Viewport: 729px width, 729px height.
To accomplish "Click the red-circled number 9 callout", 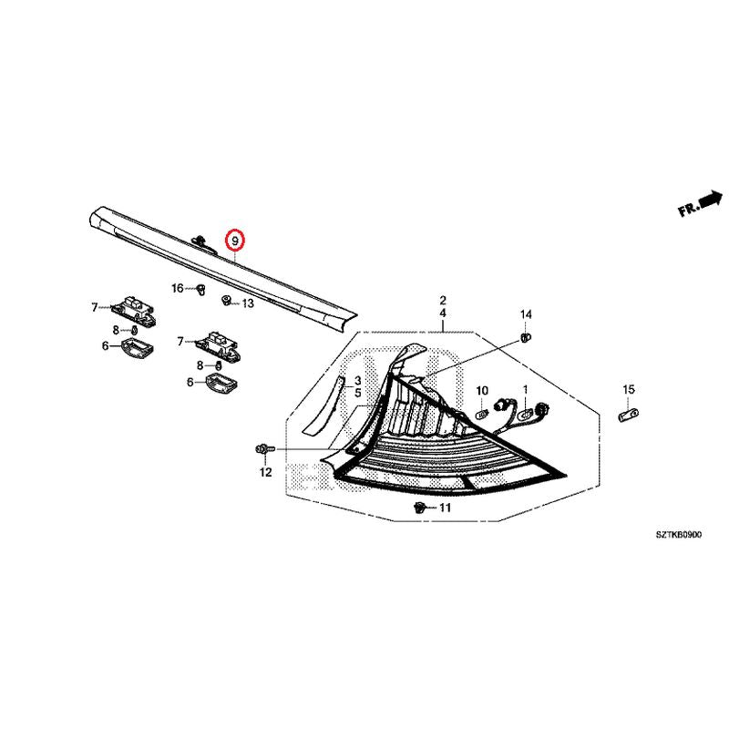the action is [235, 241].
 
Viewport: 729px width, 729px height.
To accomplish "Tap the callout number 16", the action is [178, 289].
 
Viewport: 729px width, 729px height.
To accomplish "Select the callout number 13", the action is [248, 303].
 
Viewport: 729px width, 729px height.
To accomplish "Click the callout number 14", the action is [526, 314].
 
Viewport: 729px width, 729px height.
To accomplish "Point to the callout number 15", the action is [629, 390].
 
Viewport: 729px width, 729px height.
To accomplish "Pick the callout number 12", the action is [265, 472].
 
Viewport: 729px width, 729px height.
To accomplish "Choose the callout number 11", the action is [445, 508].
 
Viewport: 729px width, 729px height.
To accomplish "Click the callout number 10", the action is [482, 391].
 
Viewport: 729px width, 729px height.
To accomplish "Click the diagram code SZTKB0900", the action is [679, 535].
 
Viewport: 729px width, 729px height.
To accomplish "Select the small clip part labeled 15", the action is [629, 415].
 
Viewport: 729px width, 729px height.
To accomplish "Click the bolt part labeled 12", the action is [265, 449].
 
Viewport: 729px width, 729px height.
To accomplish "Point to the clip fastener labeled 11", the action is [420, 508].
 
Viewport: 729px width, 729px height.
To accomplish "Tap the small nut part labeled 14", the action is [526, 337].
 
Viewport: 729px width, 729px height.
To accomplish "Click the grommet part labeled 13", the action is [227, 301].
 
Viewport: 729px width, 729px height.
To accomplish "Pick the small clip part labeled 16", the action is [200, 290].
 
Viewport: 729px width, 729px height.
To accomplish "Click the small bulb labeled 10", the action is [482, 413].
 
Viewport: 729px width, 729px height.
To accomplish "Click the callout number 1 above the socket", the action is [526, 390].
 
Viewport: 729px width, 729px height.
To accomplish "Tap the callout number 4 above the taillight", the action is [443, 313].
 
